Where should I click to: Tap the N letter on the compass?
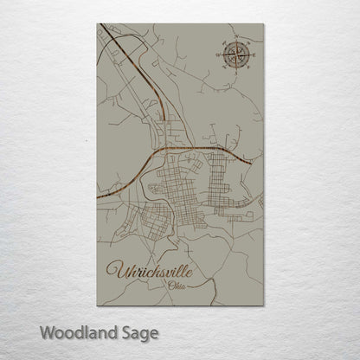point(236,38)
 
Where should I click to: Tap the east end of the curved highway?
point(254,161)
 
